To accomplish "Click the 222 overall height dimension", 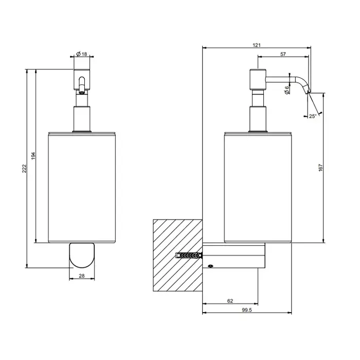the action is (24, 169).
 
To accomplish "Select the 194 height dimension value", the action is (33, 156).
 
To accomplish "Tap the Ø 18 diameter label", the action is (82, 54).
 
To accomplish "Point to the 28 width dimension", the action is (82, 276).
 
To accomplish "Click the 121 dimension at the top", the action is (257, 45).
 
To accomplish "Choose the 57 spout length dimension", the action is (283, 54).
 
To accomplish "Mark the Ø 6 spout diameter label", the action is (287, 90).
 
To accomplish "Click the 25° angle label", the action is (313, 116).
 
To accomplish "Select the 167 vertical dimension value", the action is (321, 168).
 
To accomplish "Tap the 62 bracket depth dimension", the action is (230, 301).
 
